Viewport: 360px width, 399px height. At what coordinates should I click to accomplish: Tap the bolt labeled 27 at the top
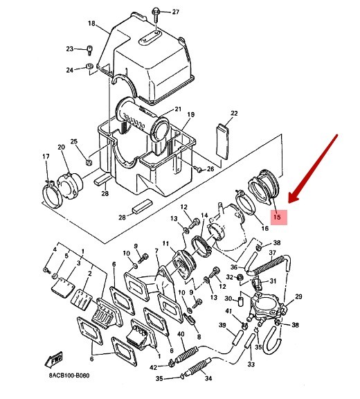coord(158,12)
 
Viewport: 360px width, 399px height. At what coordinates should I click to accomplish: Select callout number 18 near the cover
coord(91,24)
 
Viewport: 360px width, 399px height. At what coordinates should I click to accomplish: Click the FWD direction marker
coord(53,359)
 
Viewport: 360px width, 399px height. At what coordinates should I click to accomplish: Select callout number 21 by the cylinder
coord(178,109)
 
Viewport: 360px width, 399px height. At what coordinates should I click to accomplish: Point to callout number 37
coord(272,253)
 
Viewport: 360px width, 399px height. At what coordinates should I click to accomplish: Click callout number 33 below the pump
coord(251,364)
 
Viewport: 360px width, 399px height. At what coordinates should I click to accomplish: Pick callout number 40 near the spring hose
coord(181,334)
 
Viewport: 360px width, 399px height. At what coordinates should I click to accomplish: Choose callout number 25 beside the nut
coord(74,142)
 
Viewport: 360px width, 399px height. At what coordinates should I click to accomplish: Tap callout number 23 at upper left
coord(69,48)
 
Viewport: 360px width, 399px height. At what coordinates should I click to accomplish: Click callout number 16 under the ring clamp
coord(264,228)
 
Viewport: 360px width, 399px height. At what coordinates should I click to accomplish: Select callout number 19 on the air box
coord(190,114)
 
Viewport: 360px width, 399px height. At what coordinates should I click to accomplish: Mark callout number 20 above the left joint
coord(61,147)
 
